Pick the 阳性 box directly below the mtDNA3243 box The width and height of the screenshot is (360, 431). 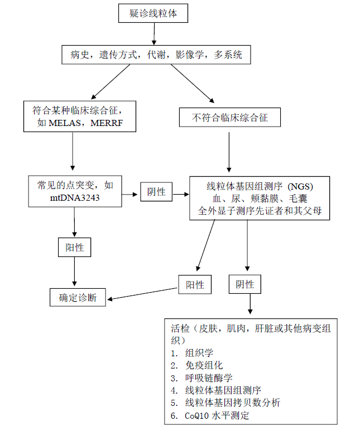coord(75,247)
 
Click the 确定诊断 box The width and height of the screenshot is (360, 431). coord(78,298)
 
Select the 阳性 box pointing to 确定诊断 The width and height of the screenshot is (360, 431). coord(195,284)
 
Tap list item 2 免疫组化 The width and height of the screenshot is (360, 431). coord(204,365)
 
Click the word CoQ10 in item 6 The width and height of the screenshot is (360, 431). coord(198,415)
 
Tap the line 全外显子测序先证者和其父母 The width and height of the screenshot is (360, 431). coord(260,211)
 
